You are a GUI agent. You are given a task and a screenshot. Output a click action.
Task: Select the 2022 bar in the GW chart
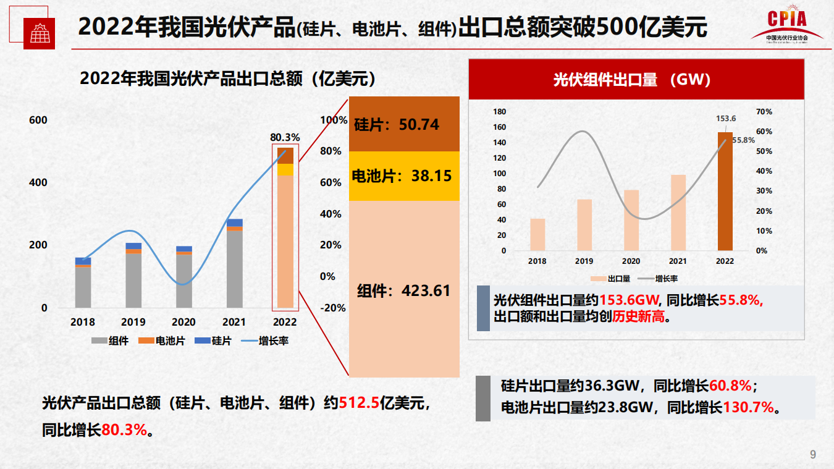point(725,192)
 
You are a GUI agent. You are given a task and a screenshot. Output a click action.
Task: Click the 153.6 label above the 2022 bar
point(726,119)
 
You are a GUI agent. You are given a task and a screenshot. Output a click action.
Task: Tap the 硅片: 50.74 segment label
point(397,124)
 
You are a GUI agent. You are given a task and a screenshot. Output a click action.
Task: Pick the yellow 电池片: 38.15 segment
point(404,176)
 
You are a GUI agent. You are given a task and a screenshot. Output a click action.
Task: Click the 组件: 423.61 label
point(404,290)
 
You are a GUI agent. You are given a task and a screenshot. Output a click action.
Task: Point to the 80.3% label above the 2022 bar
point(285,137)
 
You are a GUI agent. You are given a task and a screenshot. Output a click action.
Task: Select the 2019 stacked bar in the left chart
point(133,276)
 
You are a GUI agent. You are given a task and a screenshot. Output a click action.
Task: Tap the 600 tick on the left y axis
point(38,120)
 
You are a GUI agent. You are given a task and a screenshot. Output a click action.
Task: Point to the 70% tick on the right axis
point(764,112)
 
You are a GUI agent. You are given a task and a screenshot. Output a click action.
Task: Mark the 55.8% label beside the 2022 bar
point(744,140)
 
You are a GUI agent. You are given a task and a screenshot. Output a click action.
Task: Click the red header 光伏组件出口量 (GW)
point(636,79)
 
